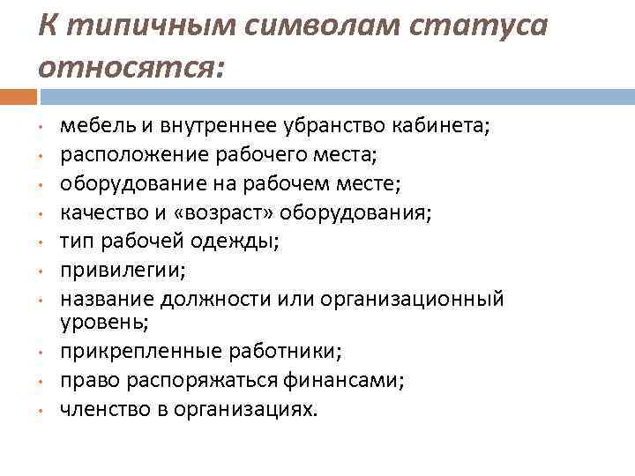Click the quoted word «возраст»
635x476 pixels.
(x=226, y=212)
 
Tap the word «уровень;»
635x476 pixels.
(x=97, y=323)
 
